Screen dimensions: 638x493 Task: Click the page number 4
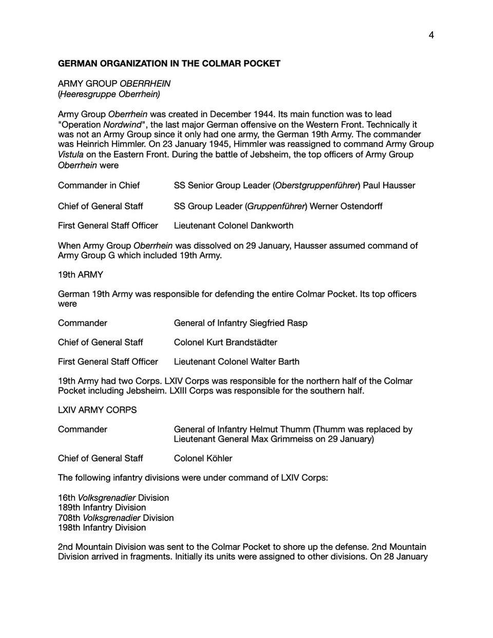tap(431, 35)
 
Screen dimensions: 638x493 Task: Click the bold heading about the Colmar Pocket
tap(169, 64)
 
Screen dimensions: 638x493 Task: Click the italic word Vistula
tap(70, 155)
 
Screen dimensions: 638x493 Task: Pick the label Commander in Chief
tap(99, 185)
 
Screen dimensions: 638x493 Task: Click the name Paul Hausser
tap(389, 185)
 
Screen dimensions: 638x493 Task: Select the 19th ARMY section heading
tap(80, 275)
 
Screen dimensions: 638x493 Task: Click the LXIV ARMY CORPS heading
tap(97, 410)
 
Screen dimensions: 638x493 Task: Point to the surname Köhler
tap(218, 458)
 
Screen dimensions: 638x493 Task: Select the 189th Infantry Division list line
tap(102, 508)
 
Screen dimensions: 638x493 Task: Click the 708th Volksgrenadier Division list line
tap(116, 518)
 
